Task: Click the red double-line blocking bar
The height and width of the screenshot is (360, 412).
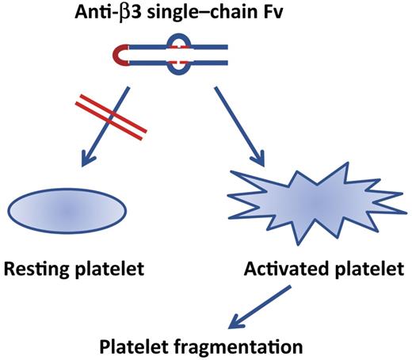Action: pos(119,114)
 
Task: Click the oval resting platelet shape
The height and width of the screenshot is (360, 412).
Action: pos(68,208)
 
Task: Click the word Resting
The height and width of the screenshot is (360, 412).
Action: pos(36,270)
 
